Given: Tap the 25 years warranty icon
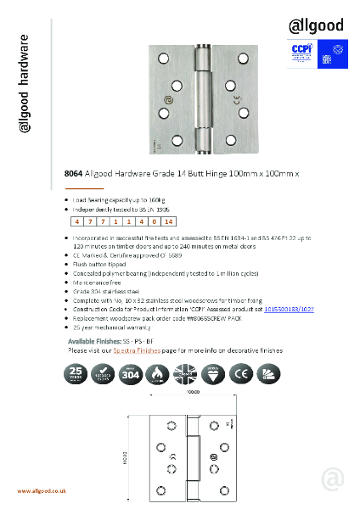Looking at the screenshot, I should tap(78, 373).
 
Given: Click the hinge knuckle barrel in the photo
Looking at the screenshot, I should tap(205, 100).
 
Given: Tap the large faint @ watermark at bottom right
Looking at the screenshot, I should tap(333, 478).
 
